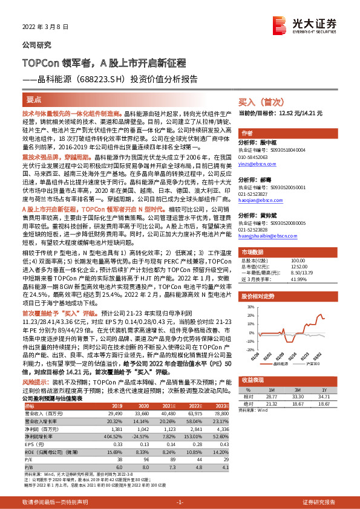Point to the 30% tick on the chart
[248, 307]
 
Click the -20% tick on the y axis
[247, 349]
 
